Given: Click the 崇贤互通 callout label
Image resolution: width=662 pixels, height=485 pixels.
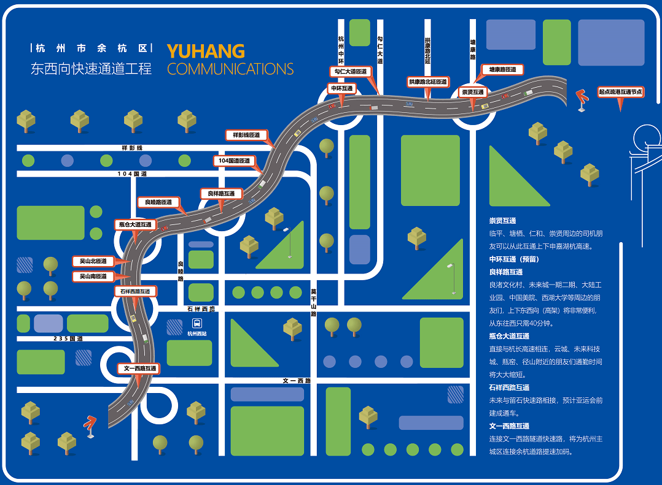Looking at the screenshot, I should point(473,92).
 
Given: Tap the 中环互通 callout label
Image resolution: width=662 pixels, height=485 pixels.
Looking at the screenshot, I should point(342,88).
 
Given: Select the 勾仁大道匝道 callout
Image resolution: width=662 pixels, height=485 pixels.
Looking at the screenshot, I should point(351,71).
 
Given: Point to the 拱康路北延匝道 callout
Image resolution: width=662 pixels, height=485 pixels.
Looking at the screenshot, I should point(428,82).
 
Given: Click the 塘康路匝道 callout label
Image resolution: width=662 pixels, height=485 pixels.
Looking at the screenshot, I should point(502,70).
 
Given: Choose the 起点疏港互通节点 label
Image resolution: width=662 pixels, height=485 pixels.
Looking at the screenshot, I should point(620,92).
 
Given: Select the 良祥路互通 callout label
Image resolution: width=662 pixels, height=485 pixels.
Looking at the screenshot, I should point(221,194).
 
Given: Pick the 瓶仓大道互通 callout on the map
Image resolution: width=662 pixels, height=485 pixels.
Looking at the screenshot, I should point(135,224).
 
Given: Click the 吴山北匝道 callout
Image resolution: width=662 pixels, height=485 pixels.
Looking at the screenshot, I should point(93,261).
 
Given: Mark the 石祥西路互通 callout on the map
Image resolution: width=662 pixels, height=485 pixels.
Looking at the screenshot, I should point(134,291).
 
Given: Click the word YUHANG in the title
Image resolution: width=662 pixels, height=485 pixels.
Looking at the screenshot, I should point(206,51).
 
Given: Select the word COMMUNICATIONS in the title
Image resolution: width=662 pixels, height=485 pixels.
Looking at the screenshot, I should point(230,69).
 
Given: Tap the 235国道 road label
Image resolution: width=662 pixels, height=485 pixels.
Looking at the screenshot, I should point(68,338).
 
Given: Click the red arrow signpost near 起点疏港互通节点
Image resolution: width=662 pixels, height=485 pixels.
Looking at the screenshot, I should point(580,99).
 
